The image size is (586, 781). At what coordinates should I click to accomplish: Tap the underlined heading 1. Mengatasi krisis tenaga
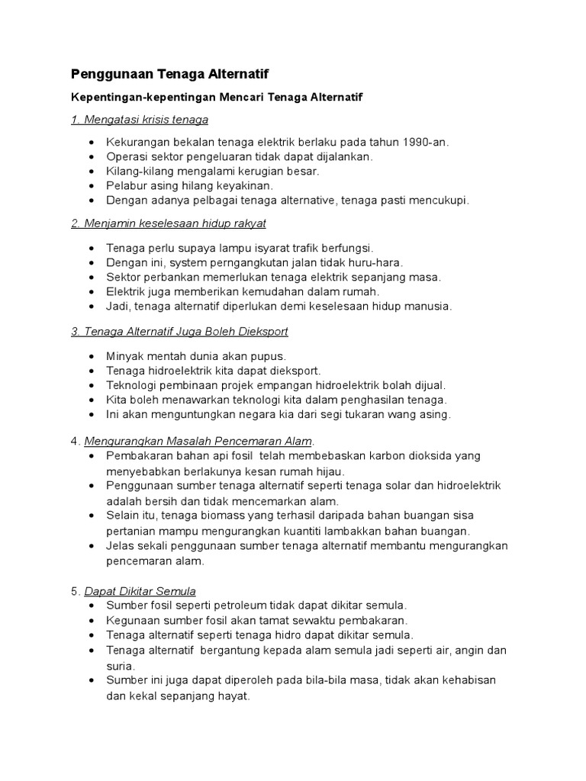click(x=140, y=121)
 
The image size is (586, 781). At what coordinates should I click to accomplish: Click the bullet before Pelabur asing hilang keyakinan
click(x=92, y=186)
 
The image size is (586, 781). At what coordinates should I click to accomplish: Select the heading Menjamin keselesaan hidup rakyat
click(x=175, y=223)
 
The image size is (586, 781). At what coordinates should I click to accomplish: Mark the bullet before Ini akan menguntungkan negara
click(x=92, y=415)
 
